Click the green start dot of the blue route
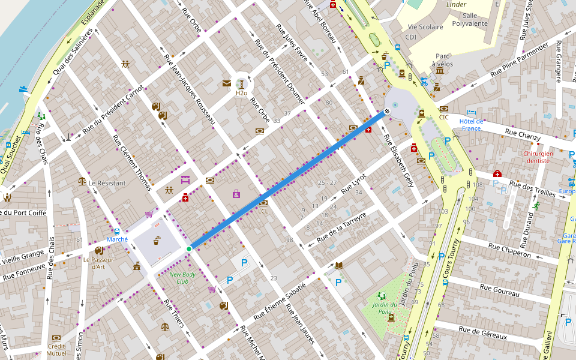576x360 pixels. (189, 248)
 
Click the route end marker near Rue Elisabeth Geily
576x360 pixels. (388, 110)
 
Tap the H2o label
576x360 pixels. (241, 93)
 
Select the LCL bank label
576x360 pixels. (263, 211)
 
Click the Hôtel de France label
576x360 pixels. (471, 124)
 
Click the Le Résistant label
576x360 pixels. (107, 182)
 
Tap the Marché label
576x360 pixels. (117, 239)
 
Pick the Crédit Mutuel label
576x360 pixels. (56, 350)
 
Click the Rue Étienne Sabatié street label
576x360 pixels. (280, 301)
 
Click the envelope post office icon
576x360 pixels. (226, 83)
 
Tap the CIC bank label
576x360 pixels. (444, 117)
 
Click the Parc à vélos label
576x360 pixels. (442, 60)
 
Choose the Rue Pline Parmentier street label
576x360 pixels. (520, 59)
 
